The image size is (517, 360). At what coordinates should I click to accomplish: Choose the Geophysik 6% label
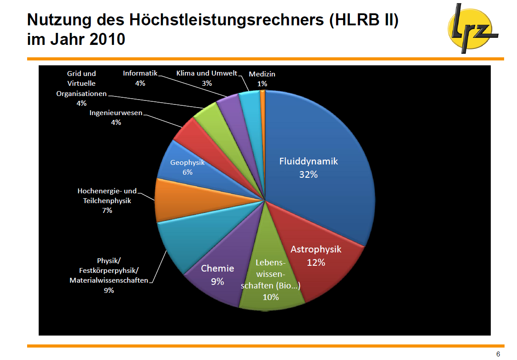pos(188,167)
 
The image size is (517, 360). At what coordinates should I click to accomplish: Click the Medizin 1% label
pos(262,79)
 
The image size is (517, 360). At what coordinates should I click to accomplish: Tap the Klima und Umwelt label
pos(207,73)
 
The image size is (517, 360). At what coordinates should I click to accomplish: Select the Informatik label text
pos(140,73)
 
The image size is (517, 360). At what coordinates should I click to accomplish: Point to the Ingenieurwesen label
pos(116,113)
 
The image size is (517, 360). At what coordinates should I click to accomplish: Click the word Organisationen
pos(81,93)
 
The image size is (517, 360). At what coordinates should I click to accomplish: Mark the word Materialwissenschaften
pos(109,280)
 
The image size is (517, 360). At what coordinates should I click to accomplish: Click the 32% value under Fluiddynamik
pos(308,175)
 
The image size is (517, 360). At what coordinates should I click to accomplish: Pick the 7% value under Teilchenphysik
pos(107,210)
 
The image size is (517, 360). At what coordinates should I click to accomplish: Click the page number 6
pos(498,354)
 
